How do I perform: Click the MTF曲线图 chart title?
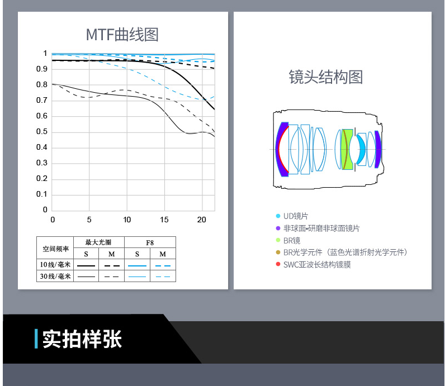pos(122,35)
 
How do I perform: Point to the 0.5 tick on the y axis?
pos(42,132)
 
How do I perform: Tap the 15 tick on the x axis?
pos(164,220)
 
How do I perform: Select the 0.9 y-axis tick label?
pos(42,69)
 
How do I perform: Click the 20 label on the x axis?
pos(201,220)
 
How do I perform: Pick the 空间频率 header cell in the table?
pos(56,249)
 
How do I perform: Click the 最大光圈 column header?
pos(98,242)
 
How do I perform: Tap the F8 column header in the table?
pos(150,243)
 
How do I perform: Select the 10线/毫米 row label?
pos(55,265)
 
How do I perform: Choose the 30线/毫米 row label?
pos(55,277)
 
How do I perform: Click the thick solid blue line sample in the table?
pos(137,266)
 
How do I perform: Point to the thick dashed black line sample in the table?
pos(112,266)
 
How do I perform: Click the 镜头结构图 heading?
pos(326,77)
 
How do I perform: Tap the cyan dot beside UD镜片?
pos(278,216)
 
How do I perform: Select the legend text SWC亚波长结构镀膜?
pos(317,265)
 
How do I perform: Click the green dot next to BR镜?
pos(278,240)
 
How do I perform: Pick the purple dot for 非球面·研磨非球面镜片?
pos(278,228)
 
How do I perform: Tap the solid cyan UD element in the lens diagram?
pos(361,150)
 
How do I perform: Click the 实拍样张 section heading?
pos(82,339)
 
